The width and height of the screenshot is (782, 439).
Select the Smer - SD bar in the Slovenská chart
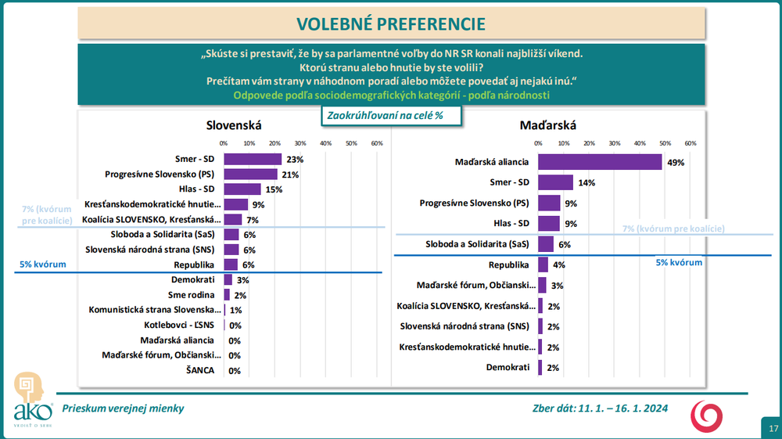(253, 159)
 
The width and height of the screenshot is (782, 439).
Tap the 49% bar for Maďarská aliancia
(600, 163)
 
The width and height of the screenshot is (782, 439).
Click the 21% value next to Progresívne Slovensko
(291, 175)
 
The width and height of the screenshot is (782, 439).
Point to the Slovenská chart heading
(233, 125)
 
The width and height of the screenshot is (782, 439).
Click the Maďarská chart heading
(548, 125)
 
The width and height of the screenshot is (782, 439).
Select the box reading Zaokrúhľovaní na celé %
(389, 115)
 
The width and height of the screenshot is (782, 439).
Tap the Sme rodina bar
(227, 295)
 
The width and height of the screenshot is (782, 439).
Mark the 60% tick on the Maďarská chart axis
(691, 143)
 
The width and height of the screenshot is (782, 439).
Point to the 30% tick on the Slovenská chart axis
(300, 143)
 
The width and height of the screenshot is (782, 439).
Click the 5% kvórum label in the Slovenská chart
(42, 264)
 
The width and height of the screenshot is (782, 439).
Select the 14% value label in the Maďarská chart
(586, 183)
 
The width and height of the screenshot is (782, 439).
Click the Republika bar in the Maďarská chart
(543, 264)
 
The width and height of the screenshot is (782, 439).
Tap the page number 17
(773, 428)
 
